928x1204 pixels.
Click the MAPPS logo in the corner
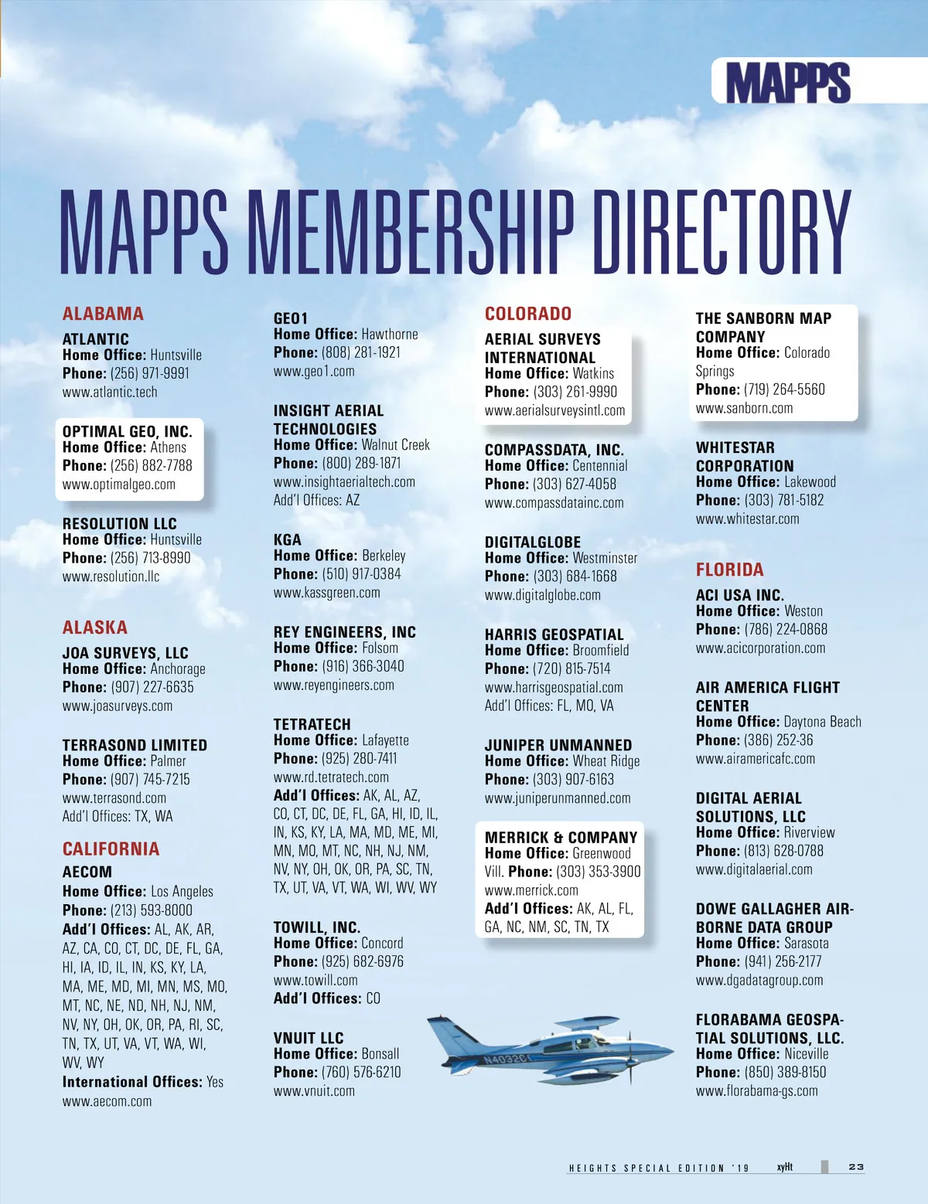(x=788, y=82)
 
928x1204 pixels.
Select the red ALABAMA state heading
(x=103, y=314)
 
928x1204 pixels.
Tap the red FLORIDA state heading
(x=729, y=570)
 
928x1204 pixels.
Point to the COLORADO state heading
(x=528, y=314)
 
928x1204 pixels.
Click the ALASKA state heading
(x=95, y=628)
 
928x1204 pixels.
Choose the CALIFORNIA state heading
(x=111, y=849)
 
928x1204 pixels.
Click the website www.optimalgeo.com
(x=119, y=485)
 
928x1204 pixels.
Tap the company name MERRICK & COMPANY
(x=561, y=837)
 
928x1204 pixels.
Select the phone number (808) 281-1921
(x=361, y=352)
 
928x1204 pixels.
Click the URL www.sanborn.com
(x=744, y=408)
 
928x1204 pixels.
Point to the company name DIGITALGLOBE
(x=532, y=542)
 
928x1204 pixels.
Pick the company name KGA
(x=288, y=540)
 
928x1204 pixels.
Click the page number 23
(x=856, y=1167)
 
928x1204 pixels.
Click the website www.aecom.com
(x=107, y=1101)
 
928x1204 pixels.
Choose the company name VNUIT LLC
(x=309, y=1038)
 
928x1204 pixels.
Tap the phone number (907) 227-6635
(x=152, y=687)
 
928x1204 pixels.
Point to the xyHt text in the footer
(x=784, y=1167)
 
